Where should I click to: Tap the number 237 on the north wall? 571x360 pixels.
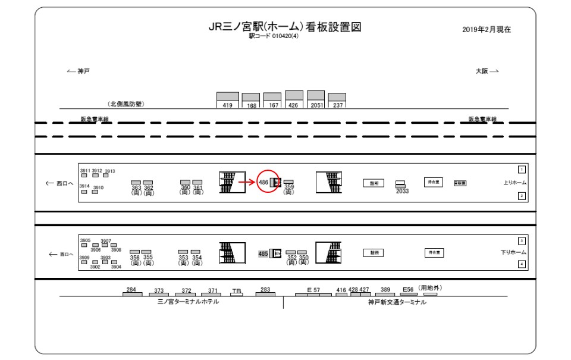337,105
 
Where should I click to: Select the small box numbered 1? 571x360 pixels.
522,170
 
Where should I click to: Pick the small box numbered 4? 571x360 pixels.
522,264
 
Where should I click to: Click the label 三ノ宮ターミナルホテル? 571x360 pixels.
188,302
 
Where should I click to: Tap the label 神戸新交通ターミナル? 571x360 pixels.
397,302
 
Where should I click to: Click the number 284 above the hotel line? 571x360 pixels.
131,289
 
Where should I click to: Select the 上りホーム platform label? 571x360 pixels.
514,183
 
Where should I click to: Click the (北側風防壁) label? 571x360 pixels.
126,104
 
